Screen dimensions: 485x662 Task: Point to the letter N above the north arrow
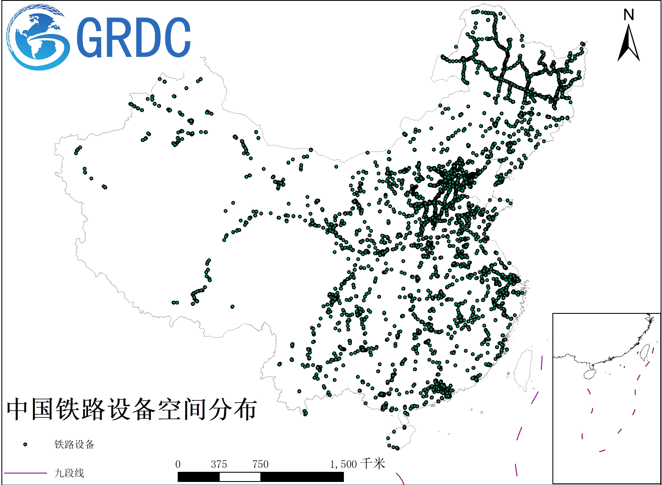pos(629,15)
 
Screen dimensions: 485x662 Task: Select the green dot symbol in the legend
pos(25,444)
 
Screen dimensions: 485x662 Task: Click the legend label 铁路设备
pos(74,444)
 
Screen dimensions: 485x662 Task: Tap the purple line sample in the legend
pos(25,473)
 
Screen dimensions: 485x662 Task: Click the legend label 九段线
pos(69,473)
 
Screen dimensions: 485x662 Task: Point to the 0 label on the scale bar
pos(178,464)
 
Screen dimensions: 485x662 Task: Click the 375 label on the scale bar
pos(219,464)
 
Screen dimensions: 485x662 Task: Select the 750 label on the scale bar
pos(261,464)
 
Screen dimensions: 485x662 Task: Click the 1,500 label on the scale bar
pos(343,464)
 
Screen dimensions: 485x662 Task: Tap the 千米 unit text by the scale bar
pos(373,464)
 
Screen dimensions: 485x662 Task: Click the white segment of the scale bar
pos(240,477)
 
